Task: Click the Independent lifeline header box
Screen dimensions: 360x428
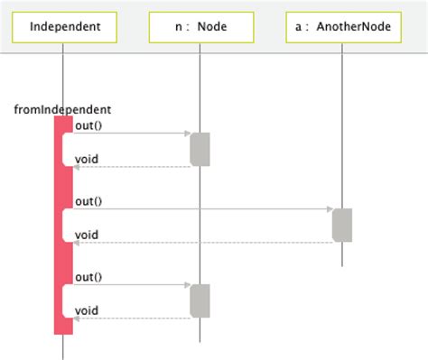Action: click(x=63, y=27)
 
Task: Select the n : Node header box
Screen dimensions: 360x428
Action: click(x=200, y=27)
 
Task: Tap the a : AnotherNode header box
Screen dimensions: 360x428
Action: click(x=343, y=27)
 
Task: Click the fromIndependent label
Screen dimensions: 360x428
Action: click(x=62, y=109)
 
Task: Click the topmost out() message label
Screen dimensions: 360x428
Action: click(x=88, y=125)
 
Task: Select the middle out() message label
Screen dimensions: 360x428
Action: click(x=88, y=201)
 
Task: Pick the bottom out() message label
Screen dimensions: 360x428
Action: click(x=88, y=277)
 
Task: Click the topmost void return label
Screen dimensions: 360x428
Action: click(x=87, y=160)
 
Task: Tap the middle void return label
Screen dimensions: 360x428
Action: click(x=87, y=235)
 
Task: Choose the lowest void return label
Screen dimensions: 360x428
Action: click(x=87, y=310)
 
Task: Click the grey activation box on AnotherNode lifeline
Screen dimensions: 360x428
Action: click(x=342, y=225)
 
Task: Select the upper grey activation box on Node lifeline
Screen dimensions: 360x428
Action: click(x=200, y=149)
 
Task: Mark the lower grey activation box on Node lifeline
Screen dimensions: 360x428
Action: click(x=200, y=300)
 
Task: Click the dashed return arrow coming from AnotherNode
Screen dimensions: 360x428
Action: click(x=199, y=243)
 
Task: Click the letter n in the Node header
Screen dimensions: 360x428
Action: click(x=179, y=28)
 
